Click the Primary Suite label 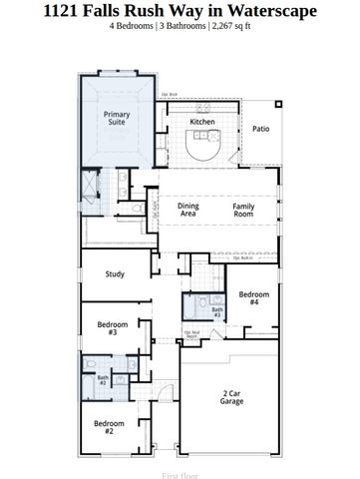118,119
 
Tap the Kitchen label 202,122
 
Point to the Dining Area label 187,210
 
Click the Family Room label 243,210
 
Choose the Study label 115,273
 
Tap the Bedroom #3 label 113,328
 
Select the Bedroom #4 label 254,298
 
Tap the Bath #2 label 102,380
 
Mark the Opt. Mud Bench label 190,334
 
